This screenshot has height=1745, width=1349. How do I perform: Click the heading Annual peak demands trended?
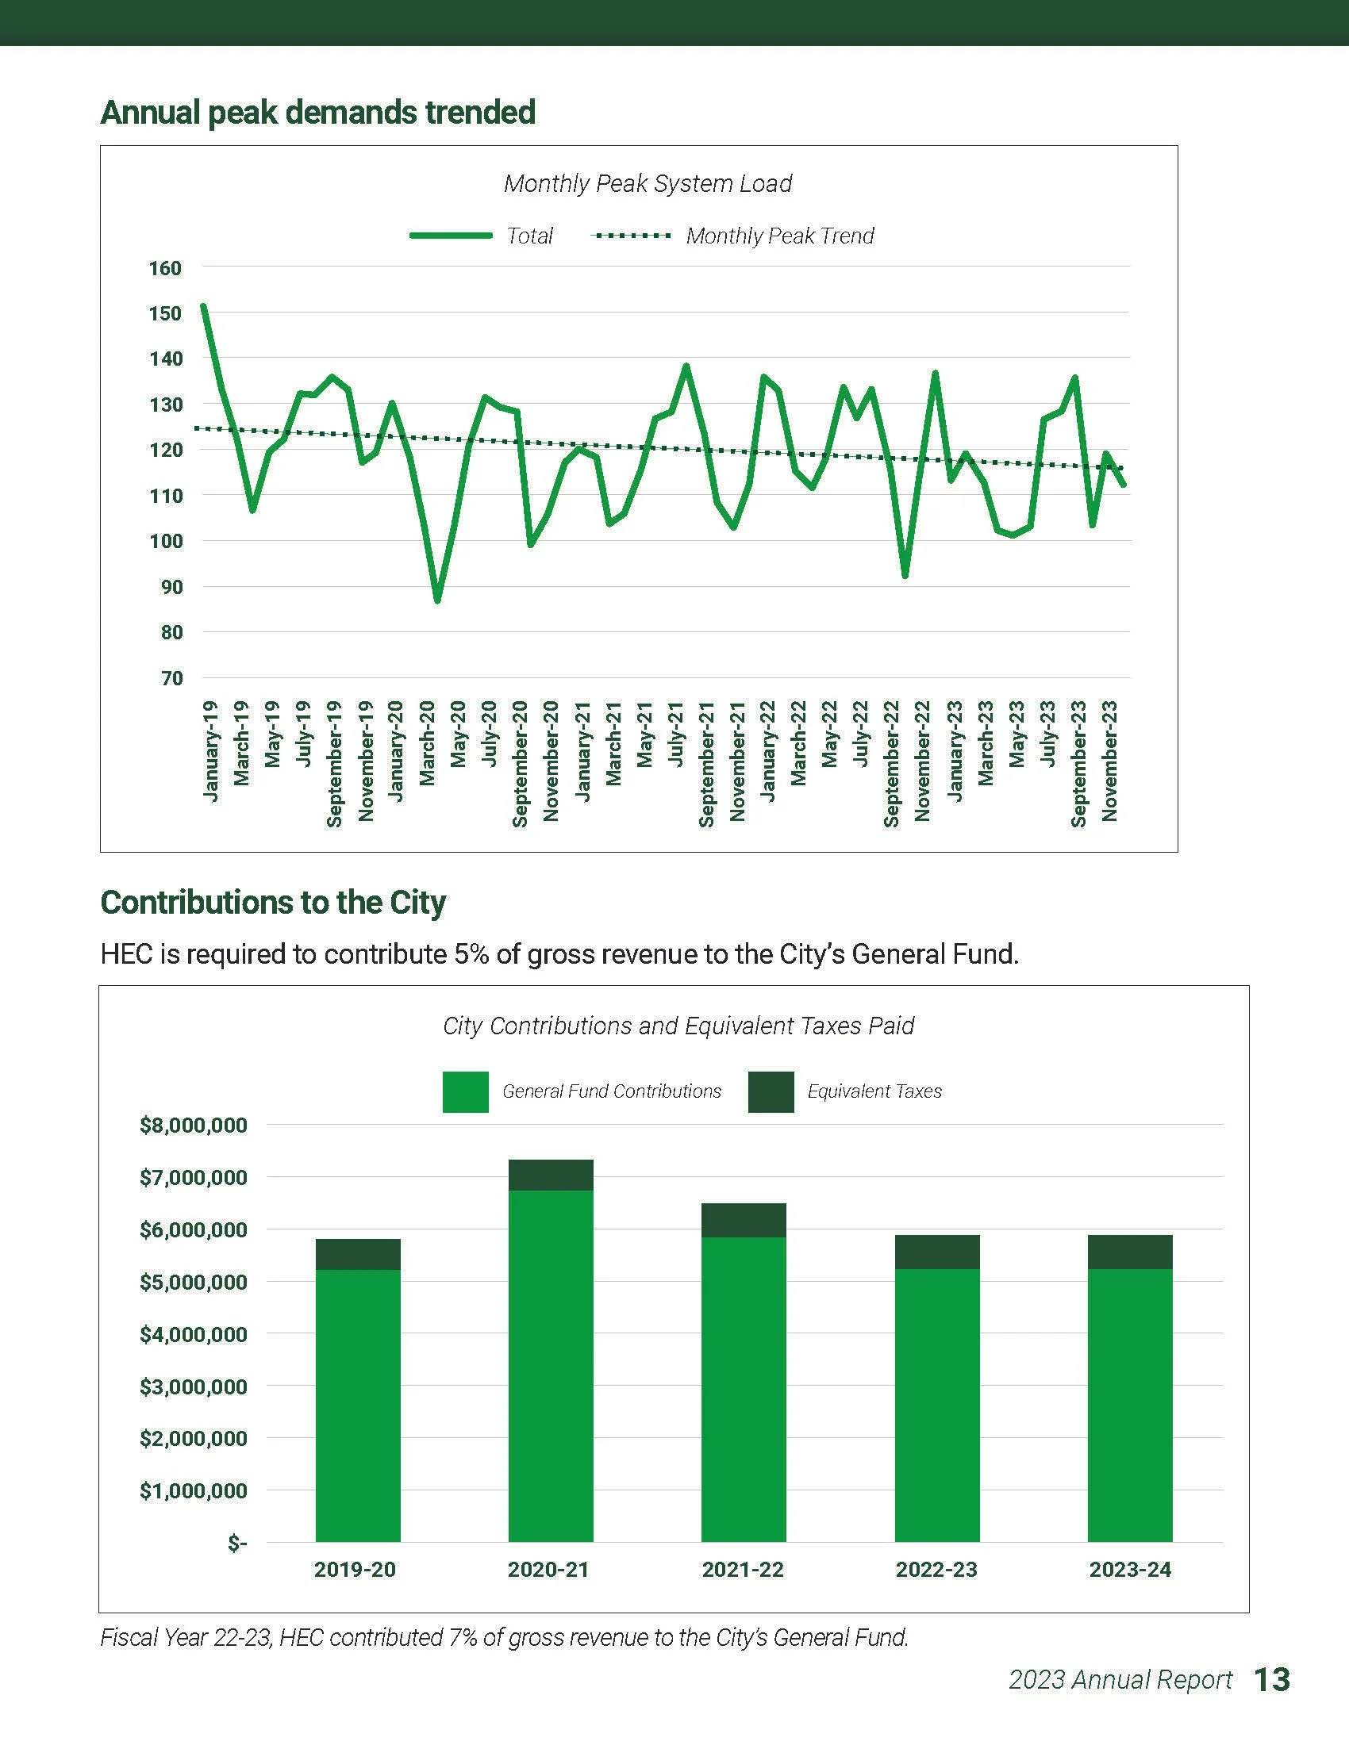coord(317,112)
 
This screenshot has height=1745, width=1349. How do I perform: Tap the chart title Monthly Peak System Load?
coord(648,184)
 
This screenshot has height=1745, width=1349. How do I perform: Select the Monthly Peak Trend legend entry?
coord(779,236)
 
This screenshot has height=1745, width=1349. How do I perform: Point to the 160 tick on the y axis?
coord(164,267)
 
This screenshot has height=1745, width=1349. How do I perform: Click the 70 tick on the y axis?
coord(171,678)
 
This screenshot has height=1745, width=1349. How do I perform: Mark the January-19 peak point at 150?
coord(204,306)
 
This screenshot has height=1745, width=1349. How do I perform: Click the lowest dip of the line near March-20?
coord(437,600)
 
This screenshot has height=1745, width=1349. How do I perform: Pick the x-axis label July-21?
coord(676,734)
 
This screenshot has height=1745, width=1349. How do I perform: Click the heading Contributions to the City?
coord(272,902)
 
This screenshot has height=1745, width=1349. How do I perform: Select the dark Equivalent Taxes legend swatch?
coord(771,1091)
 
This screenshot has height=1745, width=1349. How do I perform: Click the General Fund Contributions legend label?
coord(611,1091)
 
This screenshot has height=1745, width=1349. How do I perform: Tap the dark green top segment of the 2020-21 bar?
coord(551,1175)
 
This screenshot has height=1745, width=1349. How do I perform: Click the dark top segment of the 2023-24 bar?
coord(1129,1251)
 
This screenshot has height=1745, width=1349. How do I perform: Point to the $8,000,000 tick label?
coord(194,1126)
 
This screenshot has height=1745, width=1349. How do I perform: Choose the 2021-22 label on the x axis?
coord(743,1569)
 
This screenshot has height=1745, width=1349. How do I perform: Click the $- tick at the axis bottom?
coord(236,1544)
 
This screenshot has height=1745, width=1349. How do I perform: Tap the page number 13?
coord(1270,1678)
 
